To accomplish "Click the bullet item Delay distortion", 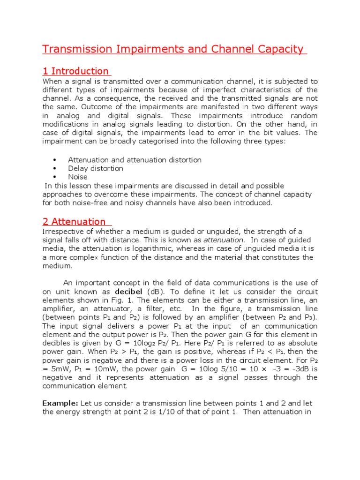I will (x=96, y=168).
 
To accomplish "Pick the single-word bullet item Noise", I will (x=78, y=177).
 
